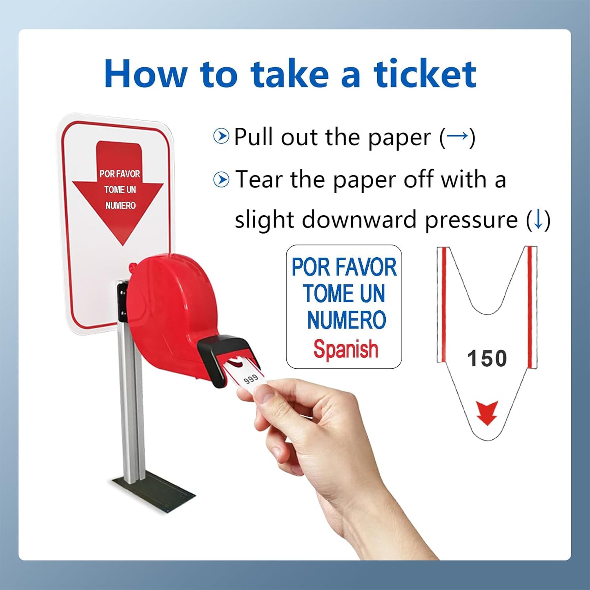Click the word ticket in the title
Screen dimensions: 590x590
pos(425,74)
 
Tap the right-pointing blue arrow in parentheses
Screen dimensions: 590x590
pos(457,136)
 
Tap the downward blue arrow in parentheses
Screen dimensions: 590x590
pos(539,220)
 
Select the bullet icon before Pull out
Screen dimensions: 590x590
pos(221,136)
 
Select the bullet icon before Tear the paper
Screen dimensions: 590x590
pos(221,180)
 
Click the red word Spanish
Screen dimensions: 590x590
pos(345,350)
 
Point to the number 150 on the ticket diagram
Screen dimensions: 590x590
pos(487,358)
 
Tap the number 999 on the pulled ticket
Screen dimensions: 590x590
pos(251,379)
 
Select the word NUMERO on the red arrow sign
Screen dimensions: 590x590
pos(120,205)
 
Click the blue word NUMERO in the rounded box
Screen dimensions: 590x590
pos(346,320)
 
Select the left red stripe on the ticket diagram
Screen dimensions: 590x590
pos(444,304)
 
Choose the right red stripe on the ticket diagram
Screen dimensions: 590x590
pos(530,306)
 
